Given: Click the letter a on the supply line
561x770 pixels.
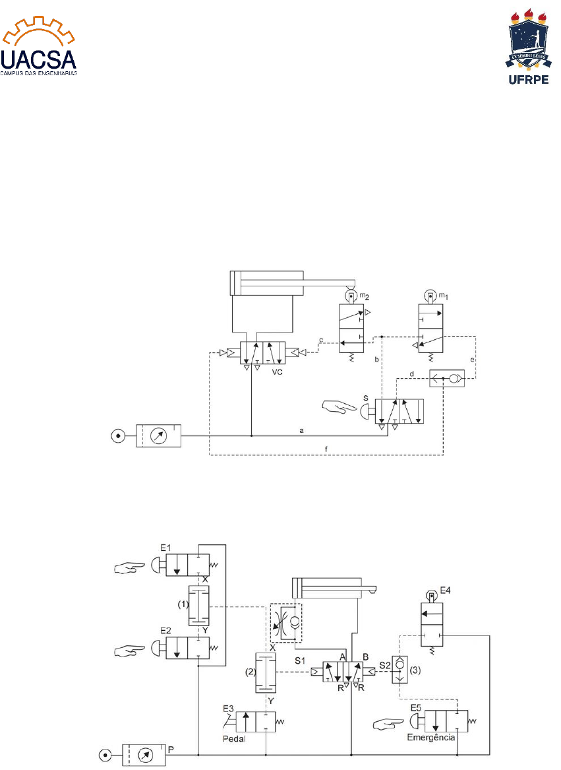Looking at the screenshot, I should (301, 431).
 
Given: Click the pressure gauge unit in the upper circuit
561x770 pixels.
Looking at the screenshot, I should (158, 435).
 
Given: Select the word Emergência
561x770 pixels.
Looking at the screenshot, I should (432, 737).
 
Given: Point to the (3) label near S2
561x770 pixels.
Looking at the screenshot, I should (418, 670).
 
